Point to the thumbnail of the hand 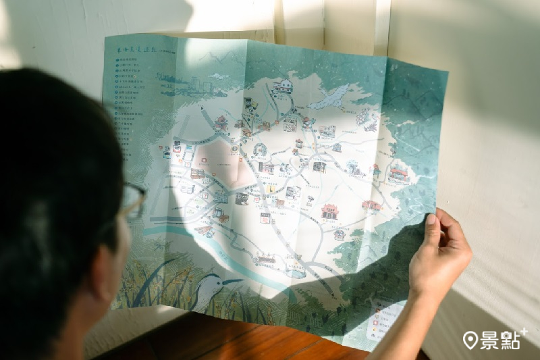tap(431, 220)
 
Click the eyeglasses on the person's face tap(133, 199)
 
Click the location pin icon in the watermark tap(470, 340)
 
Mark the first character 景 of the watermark tap(489, 340)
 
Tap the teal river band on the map tap(202, 240)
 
